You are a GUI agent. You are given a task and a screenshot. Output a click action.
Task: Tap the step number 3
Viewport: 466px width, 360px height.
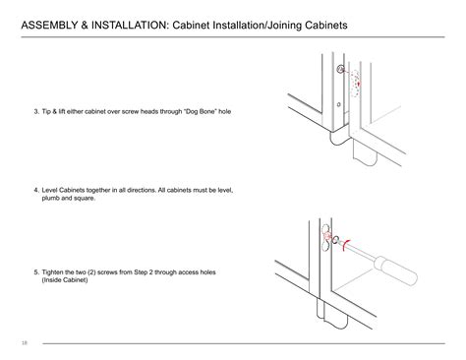click(x=35, y=110)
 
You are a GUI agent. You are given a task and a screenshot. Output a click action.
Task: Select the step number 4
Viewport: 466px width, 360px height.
click(x=35, y=189)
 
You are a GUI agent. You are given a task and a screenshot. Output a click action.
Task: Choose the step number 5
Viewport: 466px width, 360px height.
click(x=35, y=271)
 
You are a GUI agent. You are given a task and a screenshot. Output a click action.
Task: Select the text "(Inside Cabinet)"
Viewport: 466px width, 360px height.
click(x=65, y=279)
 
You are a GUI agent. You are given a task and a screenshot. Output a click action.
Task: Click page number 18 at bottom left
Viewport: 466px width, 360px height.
click(x=23, y=343)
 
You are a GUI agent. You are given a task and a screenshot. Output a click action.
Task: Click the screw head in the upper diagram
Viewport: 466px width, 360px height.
click(x=340, y=70)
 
